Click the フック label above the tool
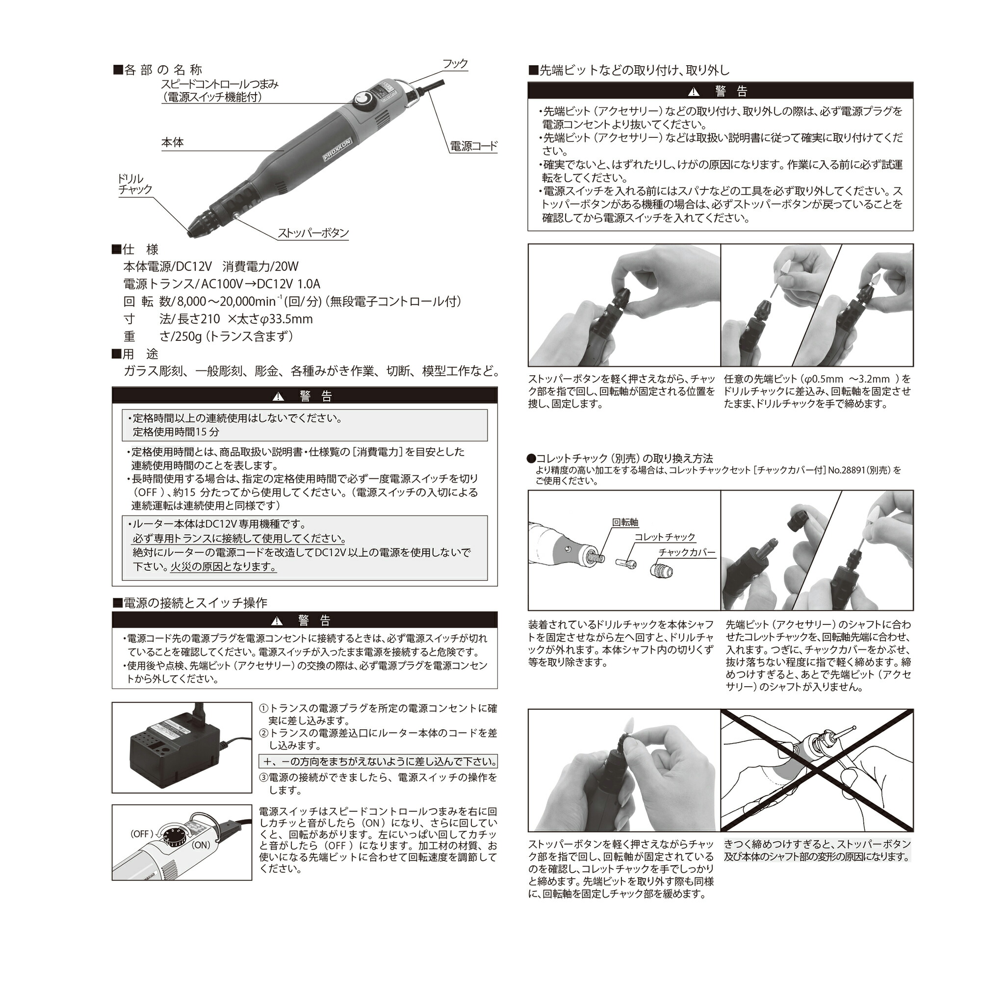click(455, 64)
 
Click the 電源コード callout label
click(473, 146)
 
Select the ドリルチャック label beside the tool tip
click(134, 184)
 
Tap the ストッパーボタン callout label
click(313, 233)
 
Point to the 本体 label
click(172, 143)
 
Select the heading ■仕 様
click(135, 249)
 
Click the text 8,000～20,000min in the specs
click(226, 302)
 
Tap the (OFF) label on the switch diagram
click(141, 834)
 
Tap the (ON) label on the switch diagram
click(201, 845)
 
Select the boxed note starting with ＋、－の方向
click(378, 762)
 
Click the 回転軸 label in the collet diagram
click(624, 522)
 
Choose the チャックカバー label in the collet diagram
click(687, 552)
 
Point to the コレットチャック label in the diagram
click(664, 537)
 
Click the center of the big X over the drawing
click(817, 770)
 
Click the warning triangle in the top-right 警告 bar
click(693, 92)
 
